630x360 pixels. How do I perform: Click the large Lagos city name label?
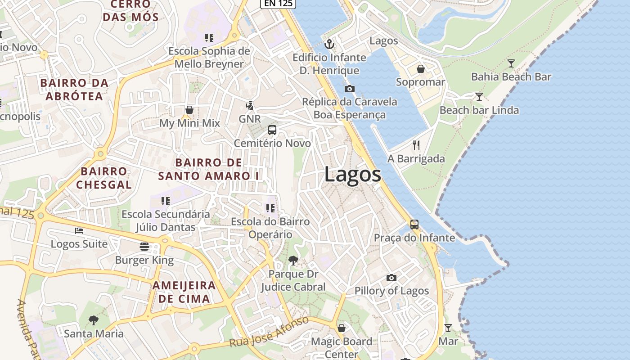[352, 175]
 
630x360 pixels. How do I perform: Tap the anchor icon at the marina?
[329, 44]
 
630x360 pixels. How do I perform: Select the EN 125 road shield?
[278, 3]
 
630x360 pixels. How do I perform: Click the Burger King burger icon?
[144, 246]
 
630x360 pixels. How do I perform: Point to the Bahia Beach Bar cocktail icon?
[511, 63]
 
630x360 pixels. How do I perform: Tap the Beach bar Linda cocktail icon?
[479, 96]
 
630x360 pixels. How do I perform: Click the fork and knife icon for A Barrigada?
[416, 145]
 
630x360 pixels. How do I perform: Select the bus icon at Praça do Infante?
[414, 224]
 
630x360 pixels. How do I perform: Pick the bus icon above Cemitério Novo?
[272, 130]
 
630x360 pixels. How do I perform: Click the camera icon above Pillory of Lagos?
[391, 278]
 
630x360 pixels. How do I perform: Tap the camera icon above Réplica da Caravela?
[349, 89]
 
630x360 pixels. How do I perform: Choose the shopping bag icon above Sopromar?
[420, 69]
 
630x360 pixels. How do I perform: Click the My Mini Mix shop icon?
[189, 110]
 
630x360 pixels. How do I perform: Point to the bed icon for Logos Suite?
[79, 231]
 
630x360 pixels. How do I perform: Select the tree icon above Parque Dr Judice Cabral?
[293, 260]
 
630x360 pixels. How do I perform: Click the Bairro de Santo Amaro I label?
[208, 169]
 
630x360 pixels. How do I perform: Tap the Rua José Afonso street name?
[269, 332]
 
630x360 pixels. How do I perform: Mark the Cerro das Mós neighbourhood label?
[130, 11]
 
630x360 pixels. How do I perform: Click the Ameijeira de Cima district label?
[184, 292]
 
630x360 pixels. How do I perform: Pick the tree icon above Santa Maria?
[94, 320]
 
